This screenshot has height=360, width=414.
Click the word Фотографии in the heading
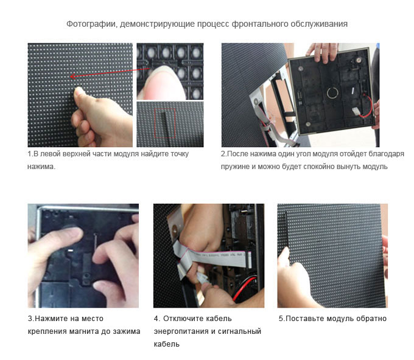pyautogui.click(x=91, y=24)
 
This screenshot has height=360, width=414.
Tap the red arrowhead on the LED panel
pyautogui.click(x=73, y=77)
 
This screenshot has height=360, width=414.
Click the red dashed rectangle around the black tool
pyautogui.click(x=165, y=123)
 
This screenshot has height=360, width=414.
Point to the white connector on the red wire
pyautogui.click(x=356, y=111)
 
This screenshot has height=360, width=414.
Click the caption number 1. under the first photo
pyautogui.click(x=30, y=154)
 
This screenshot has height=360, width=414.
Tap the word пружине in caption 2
pyautogui.click(x=234, y=167)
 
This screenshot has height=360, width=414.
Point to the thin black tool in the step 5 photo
pyautogui.click(x=286, y=232)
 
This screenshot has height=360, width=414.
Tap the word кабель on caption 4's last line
pyautogui.click(x=167, y=344)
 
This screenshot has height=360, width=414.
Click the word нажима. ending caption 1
pyautogui.click(x=41, y=167)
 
